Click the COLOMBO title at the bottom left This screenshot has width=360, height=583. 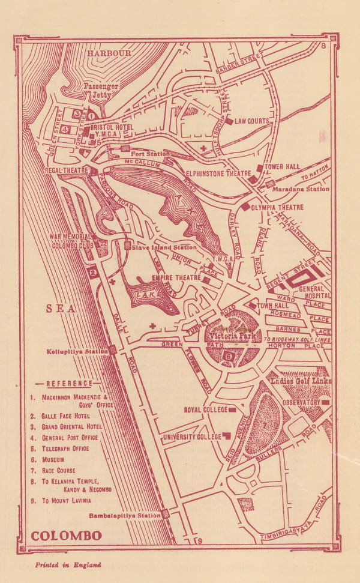pos(66,535)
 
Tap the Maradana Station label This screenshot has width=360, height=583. pos(301,189)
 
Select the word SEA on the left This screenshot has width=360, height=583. pos(61,309)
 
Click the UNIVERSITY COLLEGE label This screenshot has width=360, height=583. pos(190,436)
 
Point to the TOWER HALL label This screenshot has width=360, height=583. pos(284,168)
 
